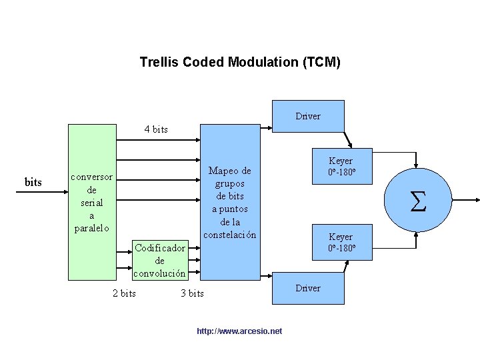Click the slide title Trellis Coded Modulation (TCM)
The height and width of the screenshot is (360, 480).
pos(240,63)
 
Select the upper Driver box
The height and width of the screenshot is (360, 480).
pos(308,116)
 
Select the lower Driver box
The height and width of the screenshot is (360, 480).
pos(308,288)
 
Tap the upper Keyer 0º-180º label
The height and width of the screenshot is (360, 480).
pos(341,167)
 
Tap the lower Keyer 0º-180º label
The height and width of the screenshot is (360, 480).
pos(341,243)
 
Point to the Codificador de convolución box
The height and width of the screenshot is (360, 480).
pos(159,261)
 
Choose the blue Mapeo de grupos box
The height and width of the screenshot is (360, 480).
pos(230,203)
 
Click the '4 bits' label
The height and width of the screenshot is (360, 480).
pos(156,129)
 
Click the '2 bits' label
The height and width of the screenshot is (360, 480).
pos(124,293)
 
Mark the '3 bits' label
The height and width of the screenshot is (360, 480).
pos(193,293)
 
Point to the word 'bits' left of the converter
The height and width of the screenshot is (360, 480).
pos(33,182)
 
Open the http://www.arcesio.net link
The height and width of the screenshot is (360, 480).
pos(240,331)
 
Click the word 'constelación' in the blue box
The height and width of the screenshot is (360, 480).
pos(230,235)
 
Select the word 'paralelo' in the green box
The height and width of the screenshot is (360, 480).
pos(91,229)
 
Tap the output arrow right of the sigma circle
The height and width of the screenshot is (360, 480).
pos(467,199)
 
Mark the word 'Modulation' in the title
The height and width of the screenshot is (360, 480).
pos(265,63)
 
